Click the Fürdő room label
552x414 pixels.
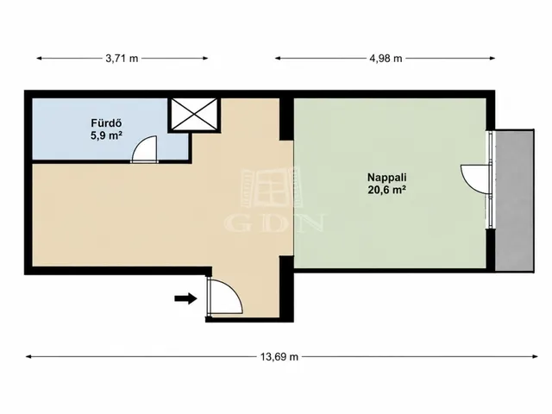[106, 123]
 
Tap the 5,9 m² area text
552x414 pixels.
[106, 135]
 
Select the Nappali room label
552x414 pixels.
[387, 177]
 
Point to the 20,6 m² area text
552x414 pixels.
[387, 190]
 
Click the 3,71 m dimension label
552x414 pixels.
[122, 59]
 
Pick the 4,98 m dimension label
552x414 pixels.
[386, 59]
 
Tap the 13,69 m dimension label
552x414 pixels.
[279, 357]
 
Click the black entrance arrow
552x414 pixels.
[185, 298]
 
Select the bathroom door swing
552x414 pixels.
[144, 149]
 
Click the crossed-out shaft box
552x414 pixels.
[193, 115]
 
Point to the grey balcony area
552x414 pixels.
[515, 201]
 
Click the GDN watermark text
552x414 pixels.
[274, 223]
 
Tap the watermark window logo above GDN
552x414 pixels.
[271, 188]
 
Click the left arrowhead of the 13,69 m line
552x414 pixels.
[28, 356]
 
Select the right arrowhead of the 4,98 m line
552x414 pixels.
[492, 58]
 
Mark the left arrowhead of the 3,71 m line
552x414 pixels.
[40, 58]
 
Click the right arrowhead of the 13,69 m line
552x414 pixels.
[535, 356]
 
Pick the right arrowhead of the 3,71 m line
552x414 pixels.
[205, 58]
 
